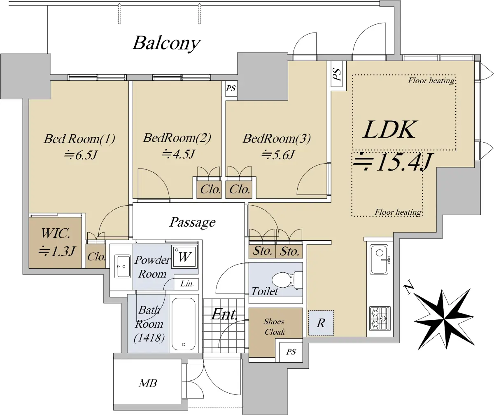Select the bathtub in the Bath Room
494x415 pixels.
pos(184,324)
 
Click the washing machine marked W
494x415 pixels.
pos(184,257)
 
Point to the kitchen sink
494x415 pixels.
pos(379,259)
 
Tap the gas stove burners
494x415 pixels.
pos(380,319)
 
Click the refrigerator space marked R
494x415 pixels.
pos(321,323)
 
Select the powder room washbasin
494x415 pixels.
pos(122,266)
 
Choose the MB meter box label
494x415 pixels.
pos(148,383)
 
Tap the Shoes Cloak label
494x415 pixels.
pos(275,327)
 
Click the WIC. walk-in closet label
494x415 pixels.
pos(56,233)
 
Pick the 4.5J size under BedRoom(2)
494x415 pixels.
pos(178,154)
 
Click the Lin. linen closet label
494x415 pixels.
pos(187,284)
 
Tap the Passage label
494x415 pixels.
pos(192,222)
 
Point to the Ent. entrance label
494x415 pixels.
pos(224,314)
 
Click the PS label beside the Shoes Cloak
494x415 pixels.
pos(291,352)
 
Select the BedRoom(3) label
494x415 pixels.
pos(277,138)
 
